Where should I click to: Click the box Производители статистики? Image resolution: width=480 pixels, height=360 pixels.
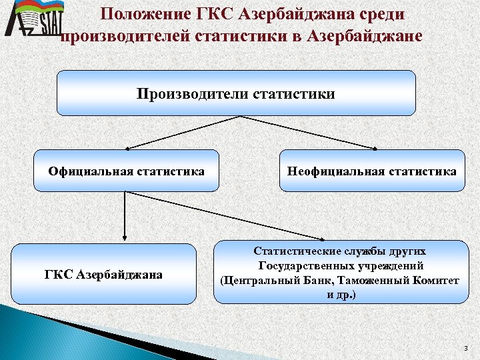pos(236,93)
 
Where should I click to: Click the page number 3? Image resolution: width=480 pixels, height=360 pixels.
pos(466,349)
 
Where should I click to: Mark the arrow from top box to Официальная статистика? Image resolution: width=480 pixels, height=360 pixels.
pos(180,132)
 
